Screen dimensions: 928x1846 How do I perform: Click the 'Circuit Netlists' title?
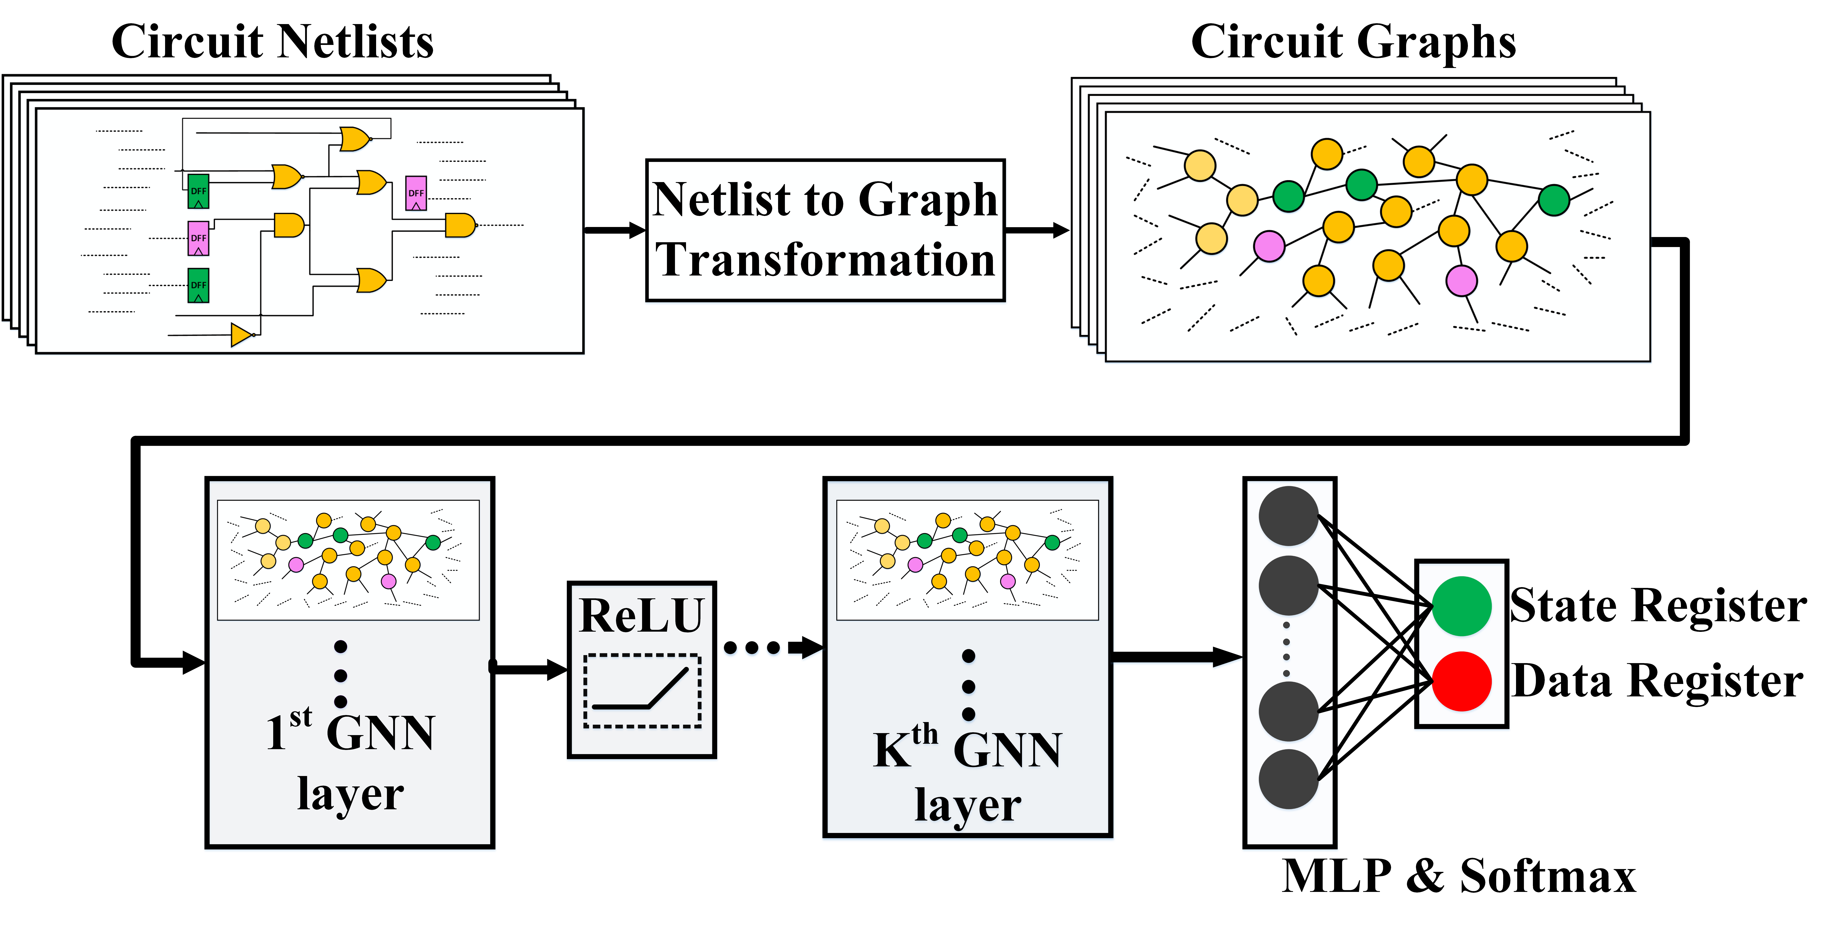pyautogui.click(x=272, y=42)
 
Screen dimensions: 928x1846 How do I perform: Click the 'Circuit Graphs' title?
pyautogui.click(x=1353, y=42)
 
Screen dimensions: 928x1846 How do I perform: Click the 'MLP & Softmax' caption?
pyautogui.click(x=1458, y=876)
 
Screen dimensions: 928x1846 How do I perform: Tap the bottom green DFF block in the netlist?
pyautogui.click(x=199, y=285)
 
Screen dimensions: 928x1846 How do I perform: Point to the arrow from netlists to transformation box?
pyautogui.click(x=614, y=230)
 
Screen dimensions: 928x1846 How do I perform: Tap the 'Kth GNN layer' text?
pyautogui.click(x=967, y=778)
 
